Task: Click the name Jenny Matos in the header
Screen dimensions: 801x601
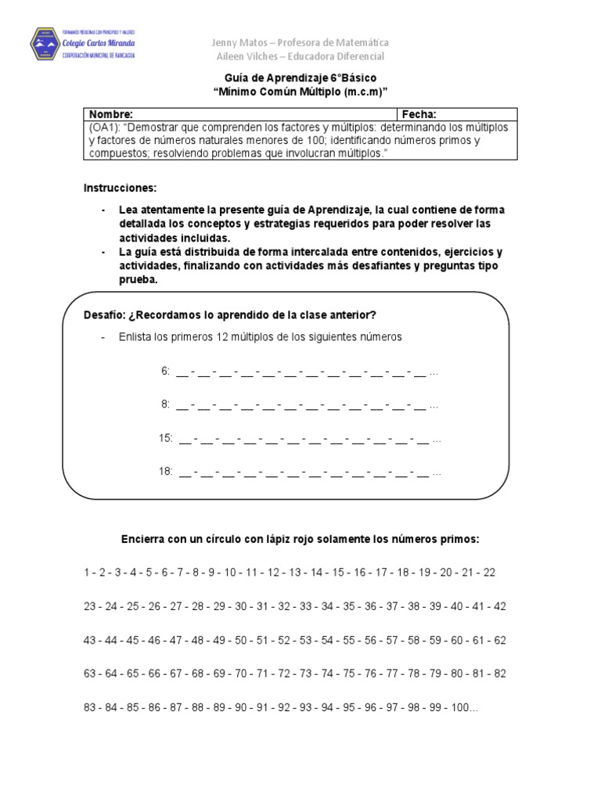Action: tap(242, 42)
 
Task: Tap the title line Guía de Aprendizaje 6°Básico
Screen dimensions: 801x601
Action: tap(300, 78)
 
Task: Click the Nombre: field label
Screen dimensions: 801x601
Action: tap(111, 113)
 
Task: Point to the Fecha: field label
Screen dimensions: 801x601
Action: tap(420, 113)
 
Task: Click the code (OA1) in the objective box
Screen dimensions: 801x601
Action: tap(102, 127)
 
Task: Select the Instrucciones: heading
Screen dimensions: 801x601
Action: tap(120, 189)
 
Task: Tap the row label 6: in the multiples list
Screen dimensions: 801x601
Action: tap(166, 372)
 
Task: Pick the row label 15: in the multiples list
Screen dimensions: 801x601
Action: tap(166, 439)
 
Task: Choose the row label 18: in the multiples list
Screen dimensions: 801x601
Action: tap(166, 472)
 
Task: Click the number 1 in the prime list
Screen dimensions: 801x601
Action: tap(87, 573)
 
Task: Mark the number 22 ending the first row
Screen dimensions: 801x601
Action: tap(489, 573)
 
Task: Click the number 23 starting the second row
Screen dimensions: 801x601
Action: tap(90, 606)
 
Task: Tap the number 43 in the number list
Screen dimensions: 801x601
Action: tap(90, 640)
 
